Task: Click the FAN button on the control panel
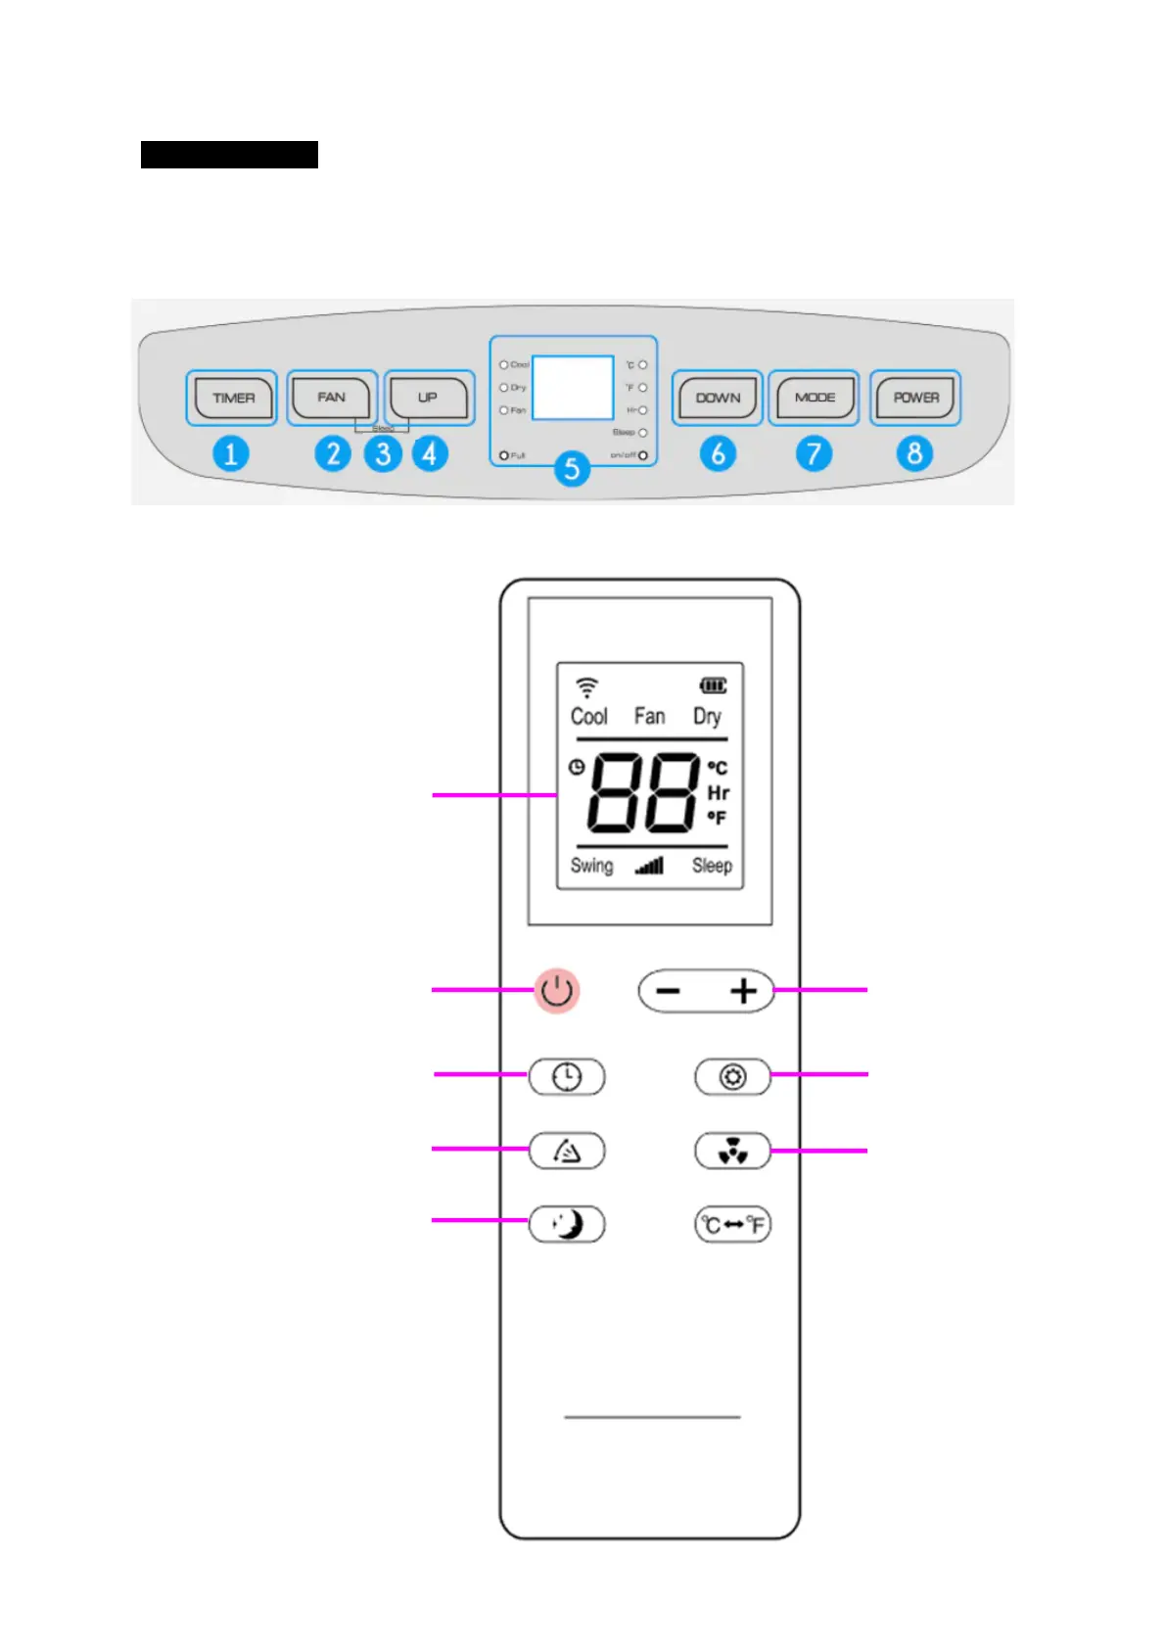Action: coord(331,398)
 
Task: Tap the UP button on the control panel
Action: coord(428,398)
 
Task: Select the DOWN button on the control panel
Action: coord(718,398)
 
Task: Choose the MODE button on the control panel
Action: coord(815,398)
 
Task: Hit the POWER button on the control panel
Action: coord(915,398)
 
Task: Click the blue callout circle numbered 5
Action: coord(572,469)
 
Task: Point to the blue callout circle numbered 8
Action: coord(914,453)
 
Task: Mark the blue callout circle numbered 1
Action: coord(231,454)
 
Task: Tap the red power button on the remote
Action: coord(557,991)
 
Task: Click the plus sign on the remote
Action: coord(744,991)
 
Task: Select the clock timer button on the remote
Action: coord(567,1077)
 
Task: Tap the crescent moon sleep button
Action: coord(567,1224)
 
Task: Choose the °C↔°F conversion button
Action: coord(733,1224)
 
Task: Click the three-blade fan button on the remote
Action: coord(733,1152)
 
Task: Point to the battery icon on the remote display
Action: coord(713,685)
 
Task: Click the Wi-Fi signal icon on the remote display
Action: coord(586,685)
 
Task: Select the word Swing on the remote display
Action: coord(591,866)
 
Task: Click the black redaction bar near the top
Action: coord(229,155)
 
